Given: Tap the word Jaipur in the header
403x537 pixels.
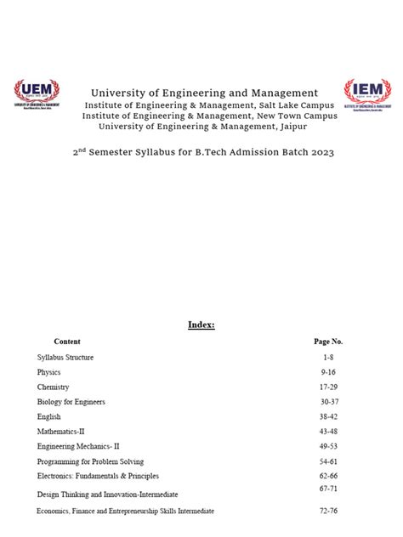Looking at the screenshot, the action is pyautogui.click(x=287, y=127).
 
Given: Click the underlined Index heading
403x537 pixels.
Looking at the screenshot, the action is pyautogui.click(x=201, y=325).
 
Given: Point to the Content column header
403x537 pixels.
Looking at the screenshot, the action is pyautogui.click(x=67, y=341).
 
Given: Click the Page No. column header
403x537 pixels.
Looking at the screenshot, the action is pyautogui.click(x=328, y=341).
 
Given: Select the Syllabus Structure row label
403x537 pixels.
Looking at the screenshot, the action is pyautogui.click(x=65, y=358).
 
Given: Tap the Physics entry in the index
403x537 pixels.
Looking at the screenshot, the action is pyautogui.click(x=49, y=372).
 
